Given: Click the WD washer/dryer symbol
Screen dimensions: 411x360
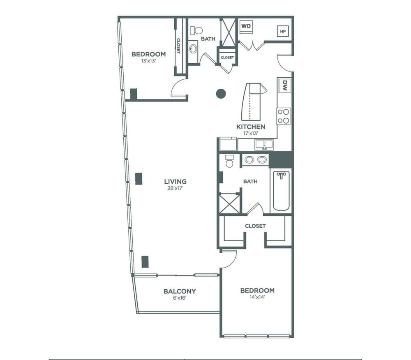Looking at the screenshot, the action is coord(246,27).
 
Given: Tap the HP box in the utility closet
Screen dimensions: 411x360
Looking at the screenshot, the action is coord(283,31).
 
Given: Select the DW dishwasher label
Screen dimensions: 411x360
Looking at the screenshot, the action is coord(285,85).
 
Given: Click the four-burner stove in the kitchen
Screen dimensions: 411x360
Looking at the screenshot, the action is coord(284,116).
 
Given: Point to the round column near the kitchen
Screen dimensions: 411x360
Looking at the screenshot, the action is coord(221,94).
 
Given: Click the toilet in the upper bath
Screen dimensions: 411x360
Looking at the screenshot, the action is coord(196,30).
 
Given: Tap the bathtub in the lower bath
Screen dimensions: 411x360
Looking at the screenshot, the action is coord(281,191).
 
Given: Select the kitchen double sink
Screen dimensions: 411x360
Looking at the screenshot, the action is coord(264,145).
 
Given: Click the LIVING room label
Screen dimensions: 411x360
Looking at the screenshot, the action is coord(175,181).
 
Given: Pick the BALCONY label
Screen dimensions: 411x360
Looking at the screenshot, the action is coord(180,291).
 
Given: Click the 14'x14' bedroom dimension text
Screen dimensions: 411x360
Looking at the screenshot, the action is coord(258,297).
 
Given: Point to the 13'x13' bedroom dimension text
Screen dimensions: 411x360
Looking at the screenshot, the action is coord(149,61).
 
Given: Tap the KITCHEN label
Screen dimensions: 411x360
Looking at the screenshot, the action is coord(251,127).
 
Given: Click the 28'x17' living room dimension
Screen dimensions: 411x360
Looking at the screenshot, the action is coord(175,188).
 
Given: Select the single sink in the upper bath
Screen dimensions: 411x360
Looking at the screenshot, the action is coord(193,49).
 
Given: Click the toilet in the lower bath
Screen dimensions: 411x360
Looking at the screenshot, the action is coord(230,161).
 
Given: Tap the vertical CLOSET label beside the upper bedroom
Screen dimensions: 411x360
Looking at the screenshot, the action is coord(178,46).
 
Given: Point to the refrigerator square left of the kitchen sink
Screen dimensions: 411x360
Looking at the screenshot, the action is coord(228,144).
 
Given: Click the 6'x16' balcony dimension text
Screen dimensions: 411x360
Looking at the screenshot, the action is coord(180,298).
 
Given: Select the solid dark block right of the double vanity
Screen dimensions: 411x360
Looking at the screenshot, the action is coord(281,159).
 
